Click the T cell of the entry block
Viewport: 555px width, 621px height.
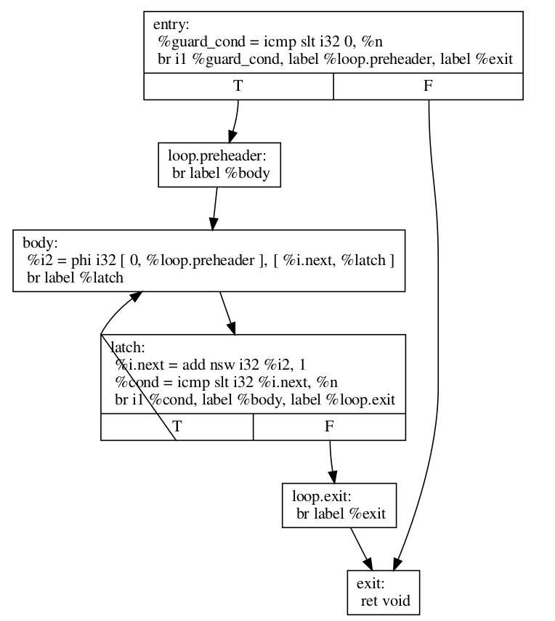238,86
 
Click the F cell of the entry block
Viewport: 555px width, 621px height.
428,86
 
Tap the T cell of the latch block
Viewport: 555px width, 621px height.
177,426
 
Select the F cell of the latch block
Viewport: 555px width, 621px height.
329,426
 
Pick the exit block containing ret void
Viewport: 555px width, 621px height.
384,593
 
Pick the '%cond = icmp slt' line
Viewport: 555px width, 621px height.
226,382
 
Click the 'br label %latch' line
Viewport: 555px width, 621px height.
75,277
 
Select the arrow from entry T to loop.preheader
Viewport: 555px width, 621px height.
235,121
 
